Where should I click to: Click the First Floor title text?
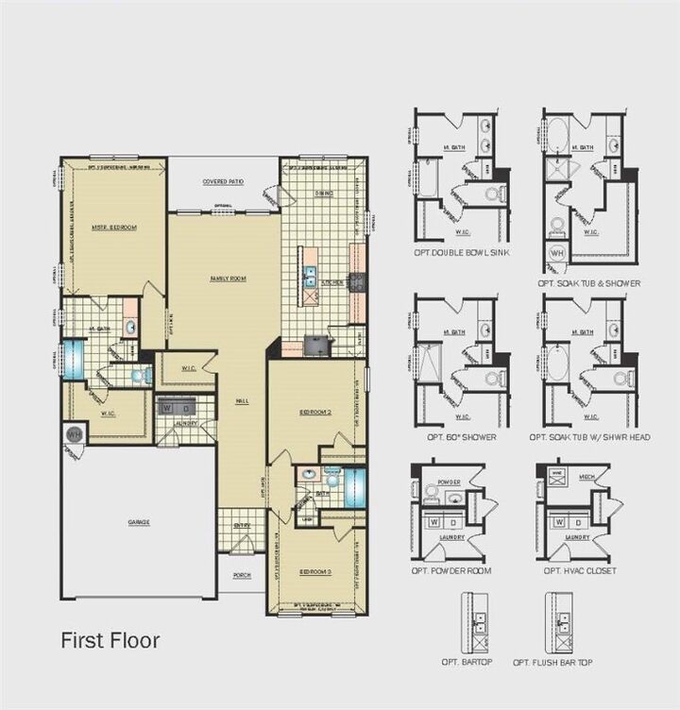(110, 640)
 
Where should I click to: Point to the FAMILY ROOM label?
(228, 278)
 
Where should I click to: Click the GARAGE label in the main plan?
(139, 522)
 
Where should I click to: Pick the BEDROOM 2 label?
(316, 413)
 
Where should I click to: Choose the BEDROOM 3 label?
(315, 572)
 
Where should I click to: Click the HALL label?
(242, 401)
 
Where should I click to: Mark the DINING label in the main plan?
(324, 193)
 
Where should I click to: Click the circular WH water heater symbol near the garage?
(74, 434)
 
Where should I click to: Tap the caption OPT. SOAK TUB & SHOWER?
(589, 282)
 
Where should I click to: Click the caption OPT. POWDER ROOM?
(452, 570)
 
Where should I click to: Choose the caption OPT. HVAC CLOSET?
(579, 570)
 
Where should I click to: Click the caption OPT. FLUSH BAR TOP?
(553, 663)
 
